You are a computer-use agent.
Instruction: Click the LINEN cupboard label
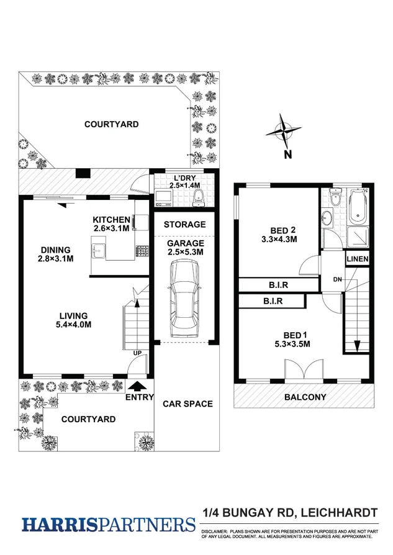[358, 259]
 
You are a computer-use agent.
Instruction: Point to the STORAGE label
[184, 224]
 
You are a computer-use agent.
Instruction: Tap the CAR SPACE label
[187, 404]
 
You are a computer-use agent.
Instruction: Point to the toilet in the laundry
[197, 197]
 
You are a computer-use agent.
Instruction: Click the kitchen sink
[98, 251]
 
